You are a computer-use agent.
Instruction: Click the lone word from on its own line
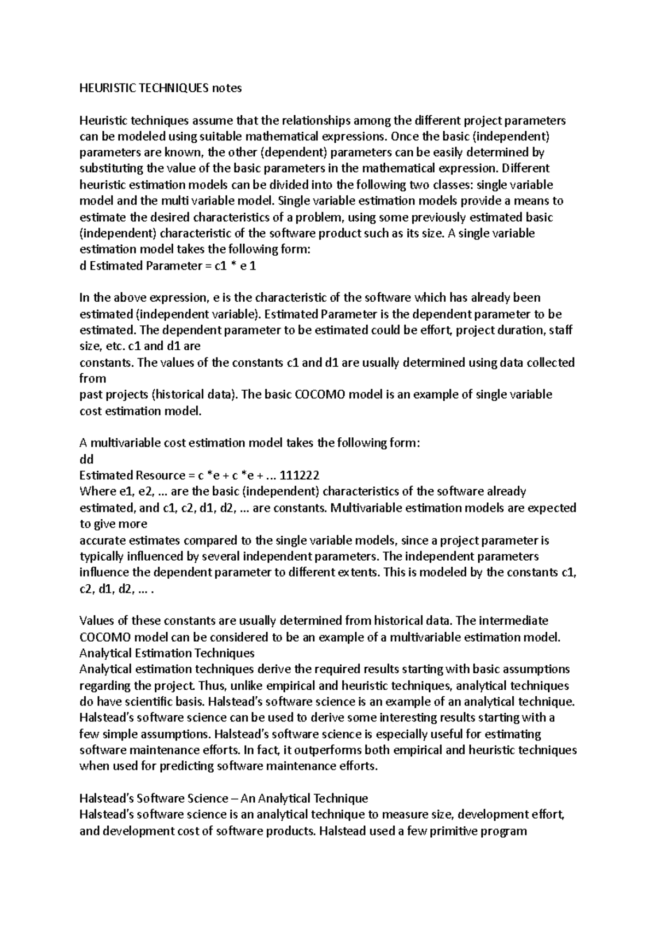pos(93,378)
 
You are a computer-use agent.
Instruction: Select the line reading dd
pos(86,459)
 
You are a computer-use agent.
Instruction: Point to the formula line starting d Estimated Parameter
pos(167,266)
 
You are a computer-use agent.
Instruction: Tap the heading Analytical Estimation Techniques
pos(167,653)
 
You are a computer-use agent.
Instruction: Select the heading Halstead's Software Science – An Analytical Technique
pos(224,798)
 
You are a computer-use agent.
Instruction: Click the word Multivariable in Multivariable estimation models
pos(362,508)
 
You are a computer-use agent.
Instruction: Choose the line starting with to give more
pos(113,524)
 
